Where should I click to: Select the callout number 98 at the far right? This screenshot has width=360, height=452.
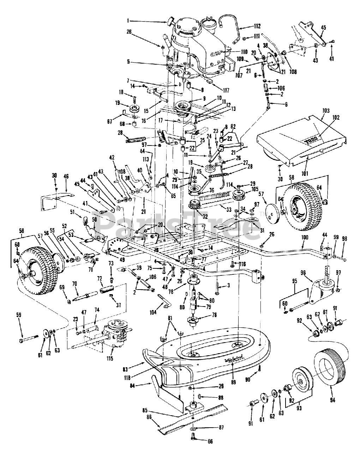[x=345, y=239]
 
